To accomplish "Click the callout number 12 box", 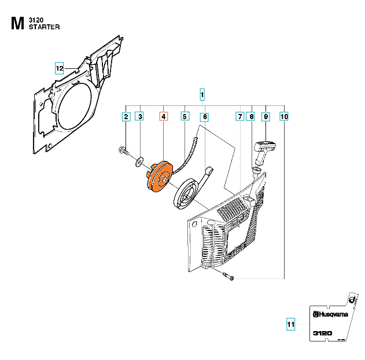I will [x=60, y=68].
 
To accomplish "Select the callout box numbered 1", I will [x=202, y=94].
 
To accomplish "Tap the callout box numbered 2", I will [x=126, y=117].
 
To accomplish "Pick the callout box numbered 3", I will [x=139, y=117].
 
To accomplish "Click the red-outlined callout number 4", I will [x=164, y=117].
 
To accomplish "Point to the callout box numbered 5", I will [x=185, y=117].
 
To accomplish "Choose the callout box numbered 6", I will [x=204, y=117].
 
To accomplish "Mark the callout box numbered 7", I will [x=240, y=117].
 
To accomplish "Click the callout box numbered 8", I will [x=250, y=117].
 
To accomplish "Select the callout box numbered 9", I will [x=266, y=117].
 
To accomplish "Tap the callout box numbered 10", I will [x=284, y=117].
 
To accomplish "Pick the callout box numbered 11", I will [x=291, y=325].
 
